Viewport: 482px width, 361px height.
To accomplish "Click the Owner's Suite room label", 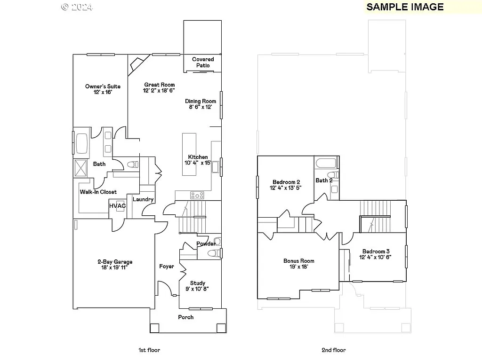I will (103, 89).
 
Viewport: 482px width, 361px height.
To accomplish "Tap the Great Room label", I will (159, 87).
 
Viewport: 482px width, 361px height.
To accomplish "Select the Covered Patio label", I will (203, 62).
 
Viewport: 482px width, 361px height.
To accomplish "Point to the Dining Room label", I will (200, 104).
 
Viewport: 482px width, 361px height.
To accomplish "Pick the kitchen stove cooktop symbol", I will (197, 195).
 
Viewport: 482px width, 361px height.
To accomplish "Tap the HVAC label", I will (118, 206).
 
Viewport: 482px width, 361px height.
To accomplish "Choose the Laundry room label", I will (143, 199).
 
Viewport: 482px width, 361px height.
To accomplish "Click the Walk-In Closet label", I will (98, 192).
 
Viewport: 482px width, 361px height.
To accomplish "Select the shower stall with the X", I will (81, 168).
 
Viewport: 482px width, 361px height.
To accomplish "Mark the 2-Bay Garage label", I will (115, 265).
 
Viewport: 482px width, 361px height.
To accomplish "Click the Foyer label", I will (167, 267).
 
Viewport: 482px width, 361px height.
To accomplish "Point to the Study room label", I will (197, 286).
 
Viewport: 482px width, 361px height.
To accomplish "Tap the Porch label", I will (186, 317).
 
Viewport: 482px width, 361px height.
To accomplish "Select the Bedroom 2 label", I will (286, 185).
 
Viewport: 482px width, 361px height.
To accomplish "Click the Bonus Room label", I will (298, 264).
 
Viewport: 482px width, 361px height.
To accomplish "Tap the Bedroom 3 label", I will (375, 254).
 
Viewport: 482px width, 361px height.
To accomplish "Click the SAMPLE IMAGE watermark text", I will (405, 7).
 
